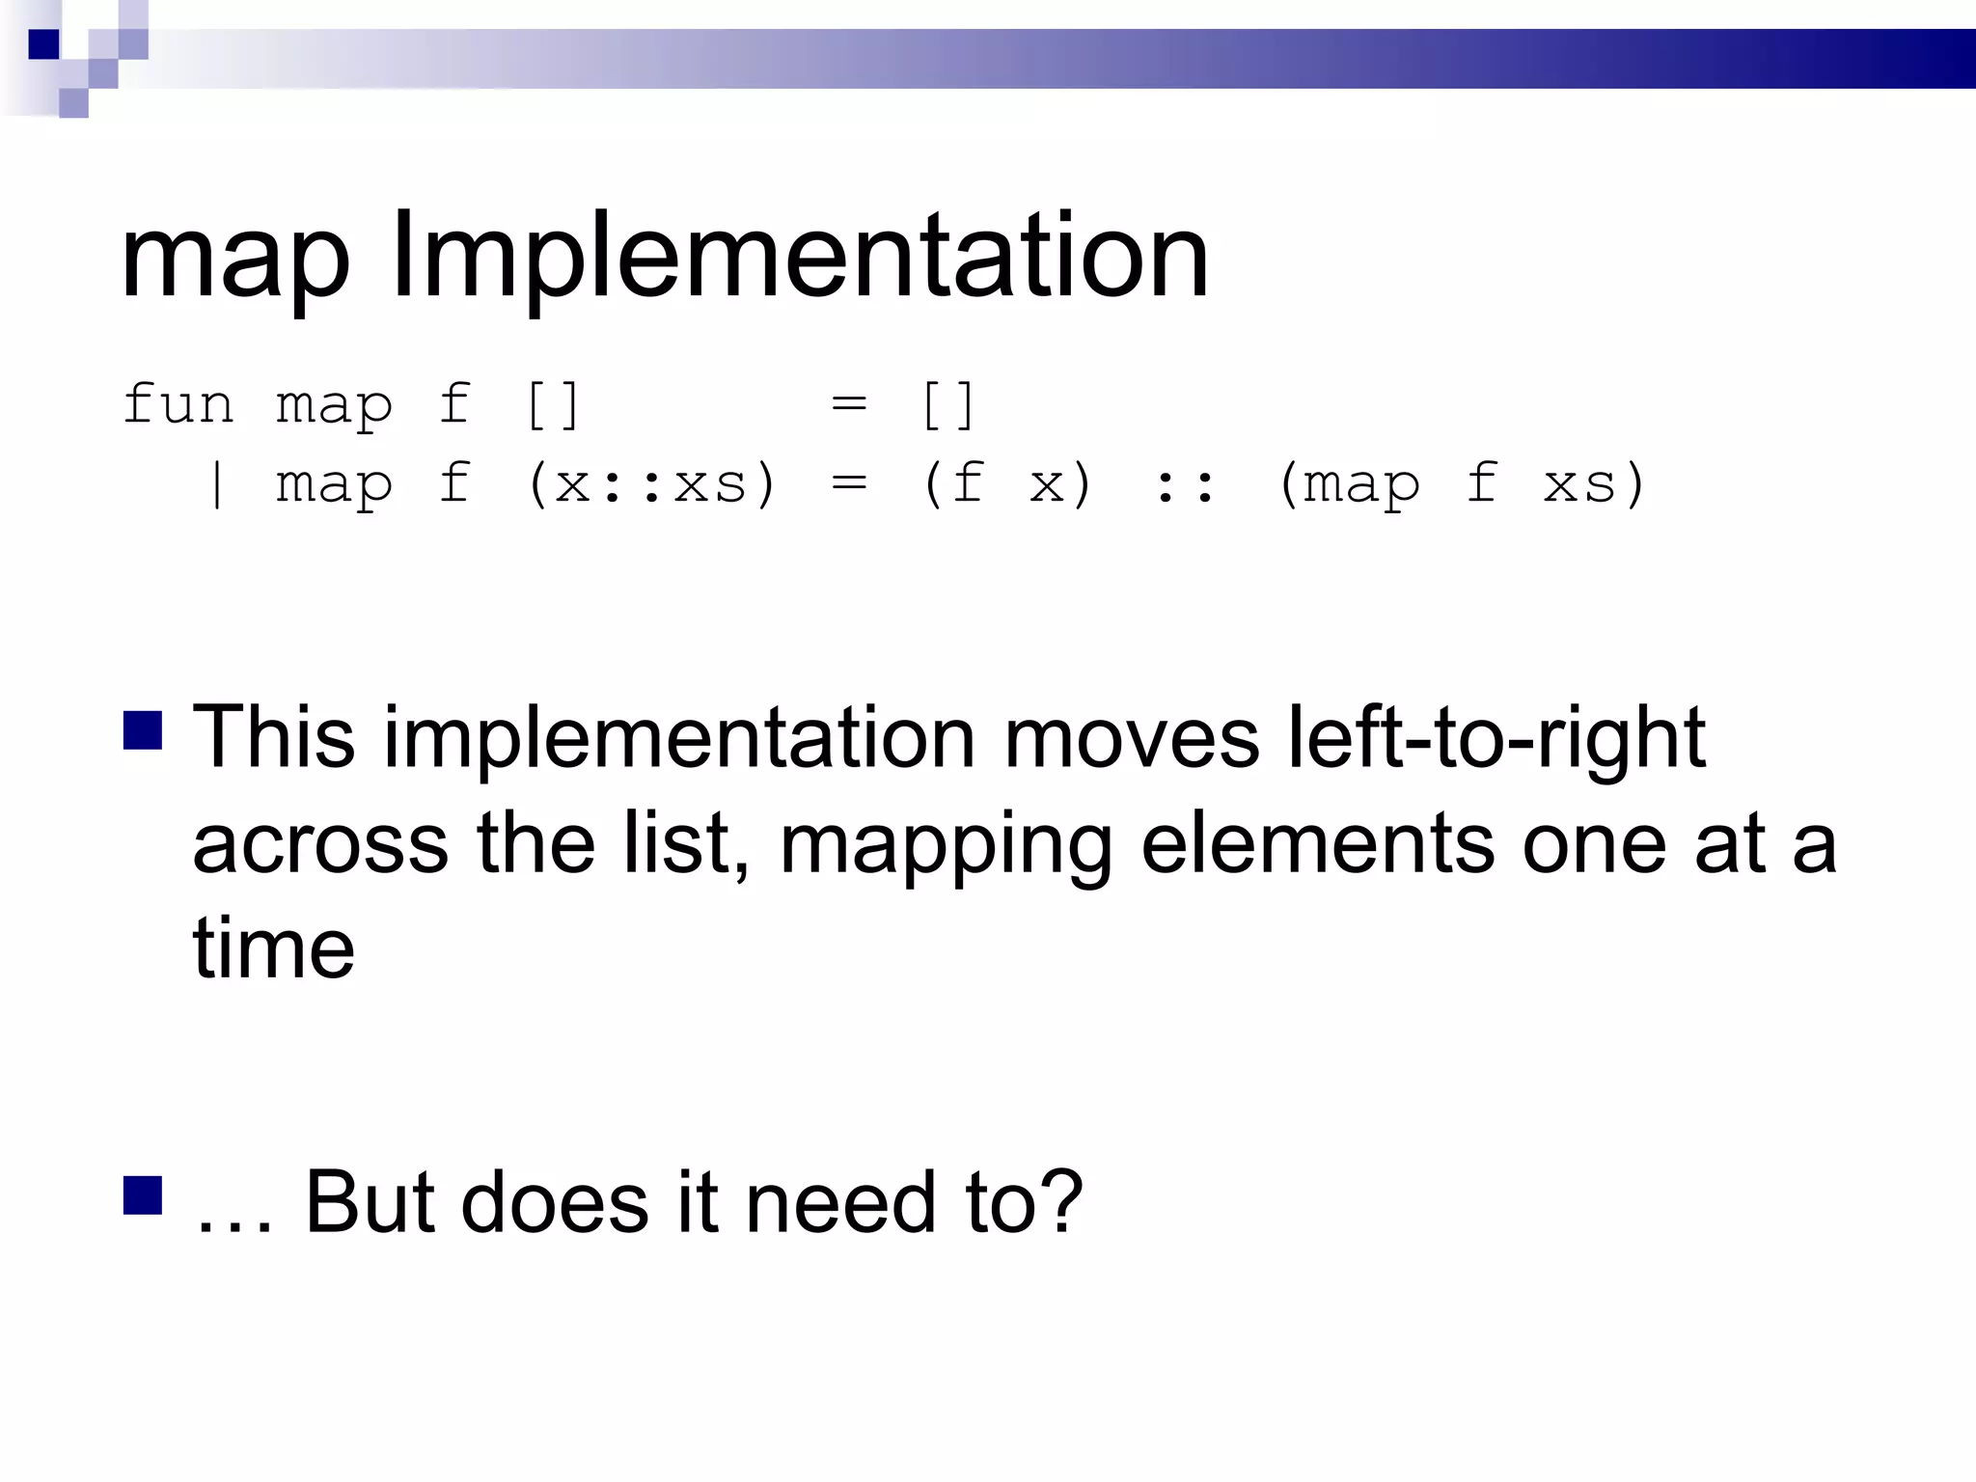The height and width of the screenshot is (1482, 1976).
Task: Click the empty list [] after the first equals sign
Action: pos(947,405)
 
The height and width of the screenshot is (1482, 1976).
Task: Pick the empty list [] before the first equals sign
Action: pos(553,405)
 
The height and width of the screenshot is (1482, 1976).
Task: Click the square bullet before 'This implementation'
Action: pos(143,730)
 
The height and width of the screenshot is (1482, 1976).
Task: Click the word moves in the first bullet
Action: pos(1131,739)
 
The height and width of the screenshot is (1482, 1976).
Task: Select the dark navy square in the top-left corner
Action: pos(43,44)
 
